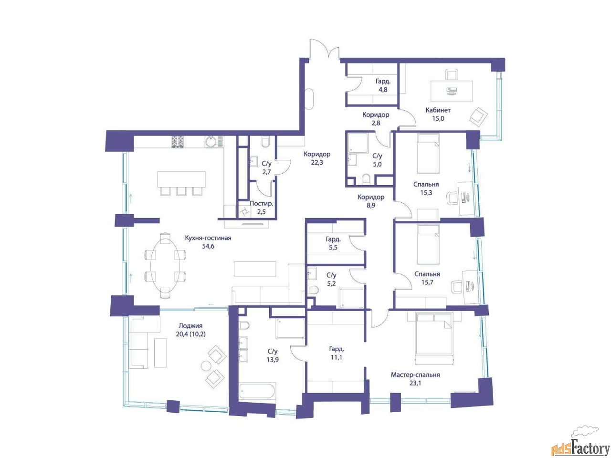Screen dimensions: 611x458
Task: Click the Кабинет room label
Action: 438,110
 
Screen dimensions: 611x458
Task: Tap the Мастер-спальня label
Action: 415,375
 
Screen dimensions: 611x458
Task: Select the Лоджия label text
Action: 190,326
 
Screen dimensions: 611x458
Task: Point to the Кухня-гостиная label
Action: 208,238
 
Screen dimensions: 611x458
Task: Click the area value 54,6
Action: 208,246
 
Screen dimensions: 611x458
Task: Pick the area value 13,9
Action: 273,360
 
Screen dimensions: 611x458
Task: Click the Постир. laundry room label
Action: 262,204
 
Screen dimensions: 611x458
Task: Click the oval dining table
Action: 165,265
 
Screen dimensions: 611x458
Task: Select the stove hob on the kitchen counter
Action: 178,141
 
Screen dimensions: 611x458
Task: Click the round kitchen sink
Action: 211,142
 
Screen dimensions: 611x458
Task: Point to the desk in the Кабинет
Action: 452,91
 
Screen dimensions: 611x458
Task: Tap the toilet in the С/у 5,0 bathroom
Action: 366,179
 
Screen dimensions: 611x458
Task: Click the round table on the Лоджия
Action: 207,365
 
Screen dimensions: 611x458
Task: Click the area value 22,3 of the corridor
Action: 317,163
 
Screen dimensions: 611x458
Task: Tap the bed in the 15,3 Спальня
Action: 428,154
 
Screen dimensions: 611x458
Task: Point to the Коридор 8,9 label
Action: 371,201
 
